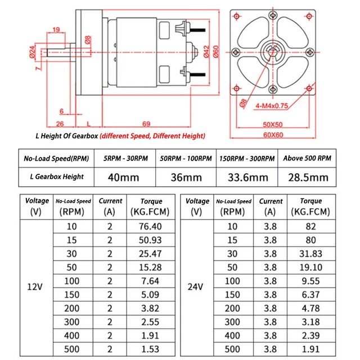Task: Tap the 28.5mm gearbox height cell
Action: click(x=307, y=178)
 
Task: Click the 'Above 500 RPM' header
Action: click(x=307, y=159)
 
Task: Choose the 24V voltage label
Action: click(x=196, y=286)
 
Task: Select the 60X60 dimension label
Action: click(x=273, y=135)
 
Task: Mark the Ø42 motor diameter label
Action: click(x=206, y=52)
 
